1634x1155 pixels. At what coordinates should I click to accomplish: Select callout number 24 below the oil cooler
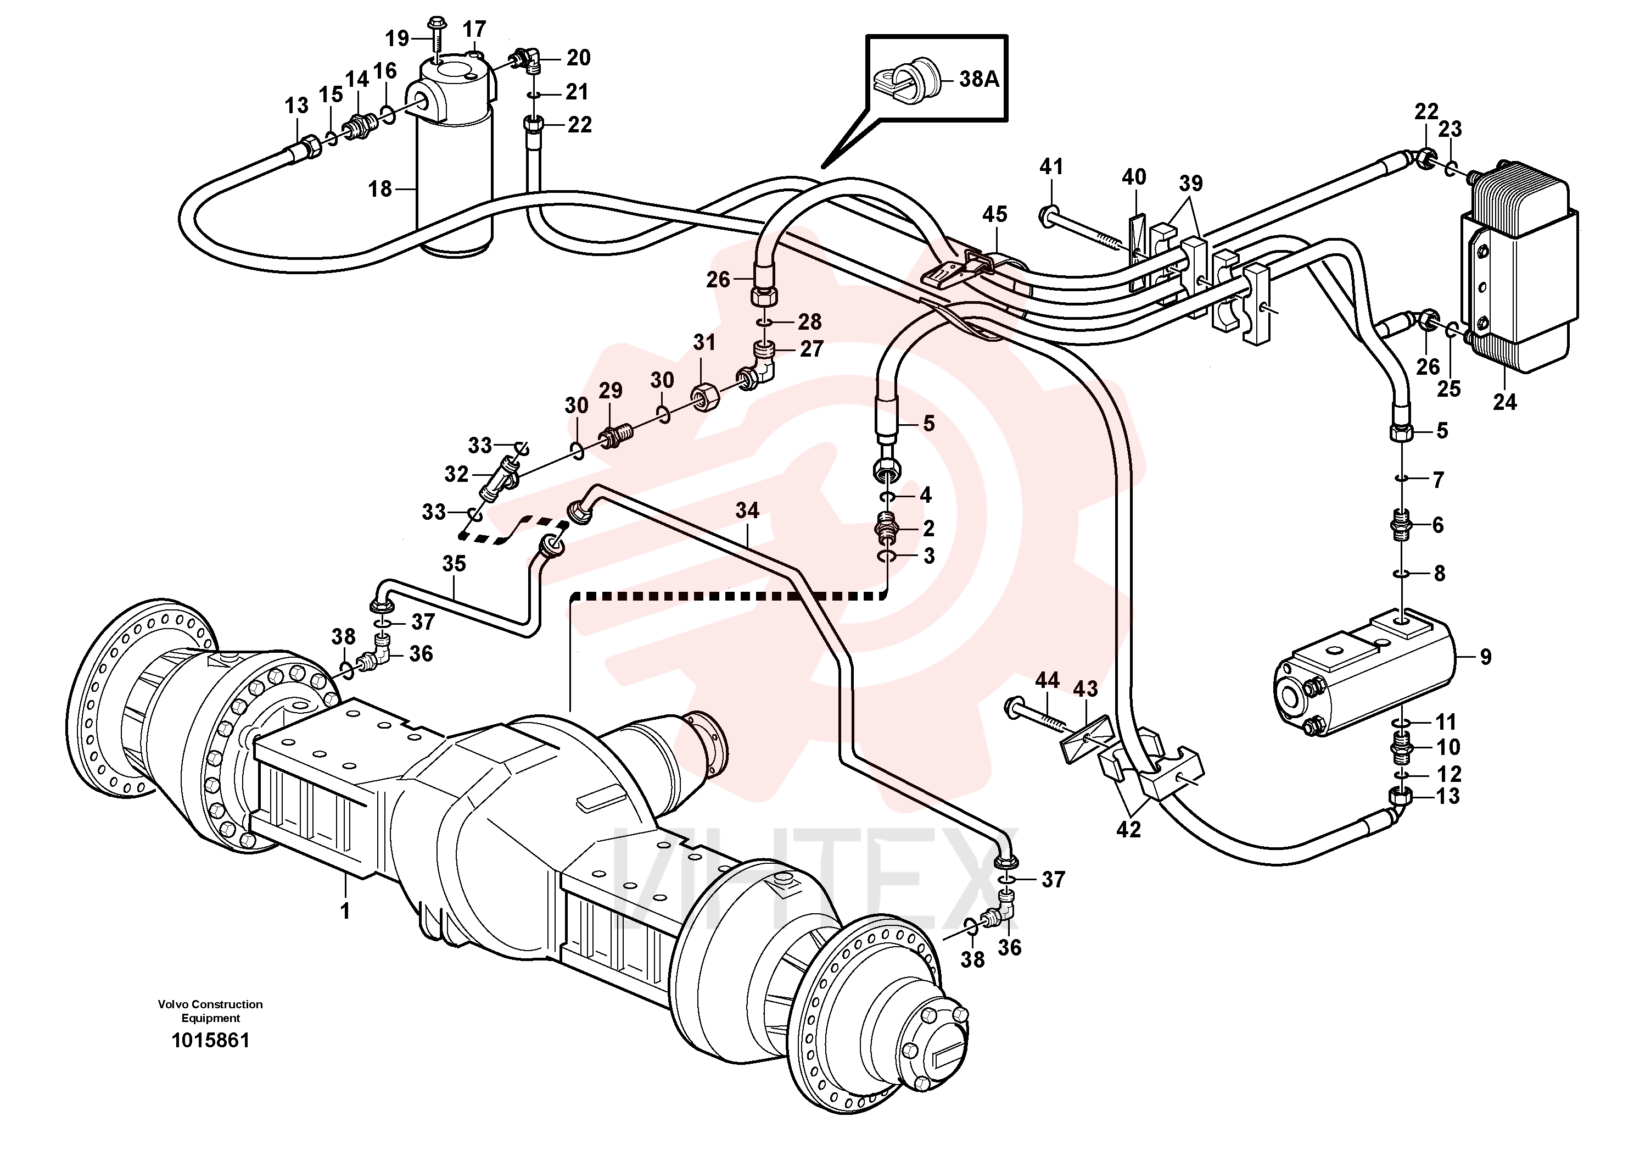pos(1504,402)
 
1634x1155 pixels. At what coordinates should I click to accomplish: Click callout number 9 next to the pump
pos(1485,657)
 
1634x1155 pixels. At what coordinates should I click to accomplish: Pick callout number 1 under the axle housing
pos(345,910)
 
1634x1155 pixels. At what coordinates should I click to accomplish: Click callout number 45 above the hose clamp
pos(995,214)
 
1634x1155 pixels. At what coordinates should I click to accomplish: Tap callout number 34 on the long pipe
pos(747,510)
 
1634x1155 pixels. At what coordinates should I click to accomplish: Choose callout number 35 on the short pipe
pos(454,563)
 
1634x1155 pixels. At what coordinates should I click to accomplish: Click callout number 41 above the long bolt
pos(1051,166)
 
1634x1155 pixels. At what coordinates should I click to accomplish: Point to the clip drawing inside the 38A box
pos(904,79)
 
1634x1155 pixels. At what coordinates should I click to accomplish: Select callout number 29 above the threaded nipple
pos(610,390)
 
